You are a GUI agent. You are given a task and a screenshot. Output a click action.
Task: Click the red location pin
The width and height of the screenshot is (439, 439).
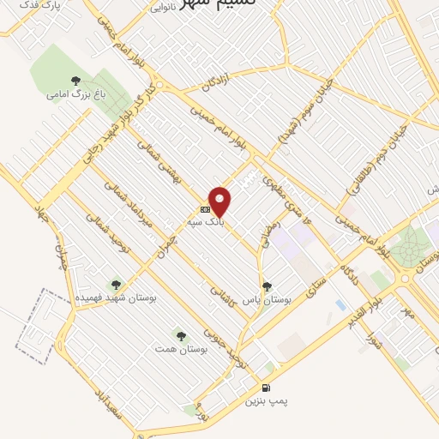tap(220, 201)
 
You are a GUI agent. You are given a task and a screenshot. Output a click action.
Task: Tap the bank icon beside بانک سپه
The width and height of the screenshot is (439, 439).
tap(205, 208)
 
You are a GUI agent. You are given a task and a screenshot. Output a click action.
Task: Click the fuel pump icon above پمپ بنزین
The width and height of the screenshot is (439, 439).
tap(267, 388)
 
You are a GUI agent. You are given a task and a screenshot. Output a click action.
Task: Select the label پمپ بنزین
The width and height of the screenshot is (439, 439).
tap(263, 400)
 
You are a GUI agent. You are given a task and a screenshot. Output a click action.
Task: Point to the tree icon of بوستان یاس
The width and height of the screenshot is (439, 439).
tap(267, 286)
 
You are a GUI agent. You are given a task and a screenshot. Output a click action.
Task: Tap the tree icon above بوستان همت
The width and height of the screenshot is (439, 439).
tap(180, 335)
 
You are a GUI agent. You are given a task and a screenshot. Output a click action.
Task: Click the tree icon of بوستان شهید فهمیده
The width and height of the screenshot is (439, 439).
tap(115, 284)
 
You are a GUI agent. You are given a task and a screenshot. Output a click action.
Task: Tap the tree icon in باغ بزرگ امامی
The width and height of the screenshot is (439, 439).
tap(75, 81)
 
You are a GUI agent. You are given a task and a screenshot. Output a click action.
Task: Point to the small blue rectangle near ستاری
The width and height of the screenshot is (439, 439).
tap(340, 305)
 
